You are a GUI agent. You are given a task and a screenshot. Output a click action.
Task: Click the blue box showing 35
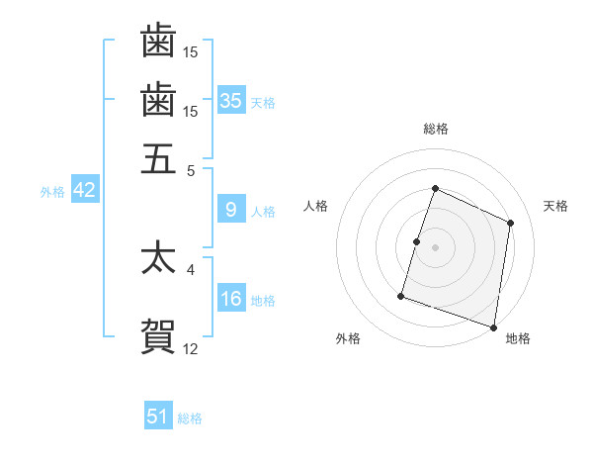pyautogui.click(x=231, y=100)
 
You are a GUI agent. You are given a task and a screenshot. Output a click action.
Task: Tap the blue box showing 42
pyautogui.click(x=84, y=190)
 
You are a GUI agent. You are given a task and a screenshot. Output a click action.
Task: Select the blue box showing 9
pyautogui.click(x=231, y=209)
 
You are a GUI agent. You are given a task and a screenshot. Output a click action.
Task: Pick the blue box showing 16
pyautogui.click(x=231, y=299)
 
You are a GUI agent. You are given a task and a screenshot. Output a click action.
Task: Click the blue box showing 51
pyautogui.click(x=158, y=417)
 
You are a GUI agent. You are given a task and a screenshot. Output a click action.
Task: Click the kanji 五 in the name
pyautogui.click(x=158, y=158)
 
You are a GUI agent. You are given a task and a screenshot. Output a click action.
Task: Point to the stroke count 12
pyautogui.click(x=191, y=348)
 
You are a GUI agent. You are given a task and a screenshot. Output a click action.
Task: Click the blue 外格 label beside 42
pyautogui.click(x=52, y=192)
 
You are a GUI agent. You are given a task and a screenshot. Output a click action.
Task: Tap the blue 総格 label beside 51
pyautogui.click(x=190, y=418)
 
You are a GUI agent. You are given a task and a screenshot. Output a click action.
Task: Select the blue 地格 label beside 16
pyautogui.click(x=263, y=301)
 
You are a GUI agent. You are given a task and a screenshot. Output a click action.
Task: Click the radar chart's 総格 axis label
pyautogui.click(x=435, y=129)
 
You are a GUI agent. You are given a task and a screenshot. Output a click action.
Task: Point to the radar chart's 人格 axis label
pyautogui.click(x=315, y=206)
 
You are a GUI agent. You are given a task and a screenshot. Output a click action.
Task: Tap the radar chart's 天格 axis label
pyautogui.click(x=555, y=206)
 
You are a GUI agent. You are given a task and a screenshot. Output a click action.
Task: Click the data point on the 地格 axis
pyautogui.click(x=493, y=326)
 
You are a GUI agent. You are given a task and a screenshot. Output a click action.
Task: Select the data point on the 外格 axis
pyautogui.click(x=401, y=295)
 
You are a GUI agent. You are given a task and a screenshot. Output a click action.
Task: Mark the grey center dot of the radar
pyautogui.click(x=435, y=246)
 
